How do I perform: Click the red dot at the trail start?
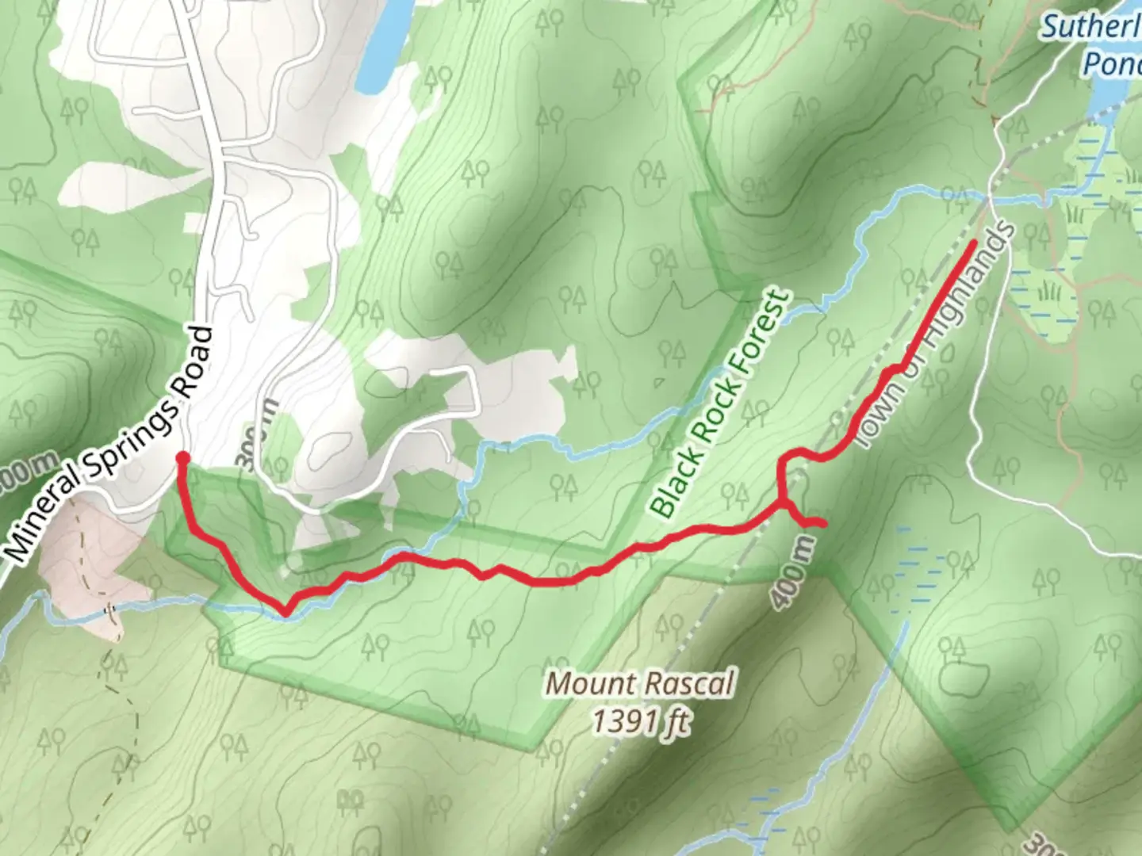pos(182,457)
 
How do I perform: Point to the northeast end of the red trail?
pos(973,241)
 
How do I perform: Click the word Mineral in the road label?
pos(44,515)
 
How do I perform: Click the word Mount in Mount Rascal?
pos(591,683)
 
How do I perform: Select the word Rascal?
pos(692,683)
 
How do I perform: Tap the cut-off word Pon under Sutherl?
pos(1112,63)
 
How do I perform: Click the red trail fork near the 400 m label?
pos(784,504)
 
